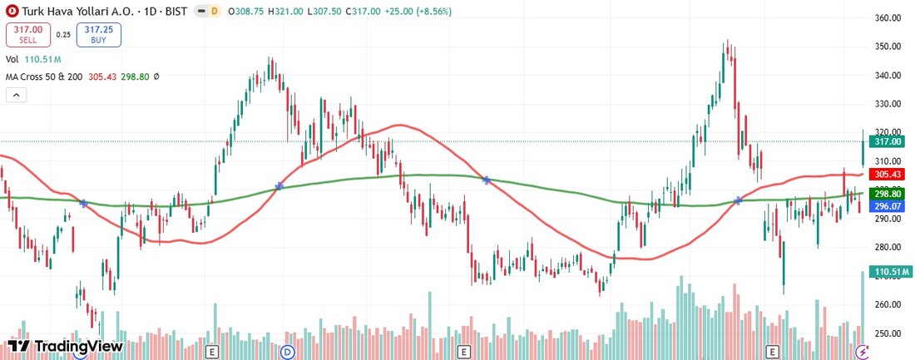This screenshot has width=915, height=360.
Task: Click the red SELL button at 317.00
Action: coord(27,34)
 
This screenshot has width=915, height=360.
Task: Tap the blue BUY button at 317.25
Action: coord(97,34)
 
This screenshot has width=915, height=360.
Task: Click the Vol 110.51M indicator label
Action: coord(33,60)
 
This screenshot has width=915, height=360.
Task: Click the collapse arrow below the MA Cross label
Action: coord(16,95)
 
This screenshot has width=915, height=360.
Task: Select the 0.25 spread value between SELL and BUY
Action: coord(63,35)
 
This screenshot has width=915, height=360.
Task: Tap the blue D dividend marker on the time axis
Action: coord(289,352)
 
